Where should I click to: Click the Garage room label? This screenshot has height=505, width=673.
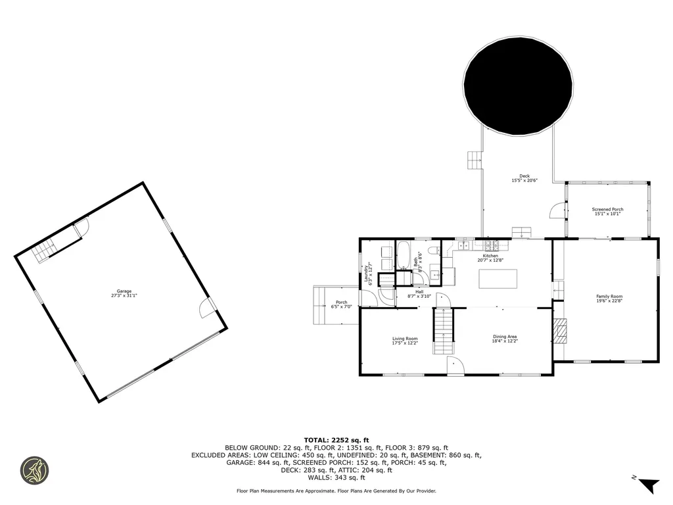coord(124,291)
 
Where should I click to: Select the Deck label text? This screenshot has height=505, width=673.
coord(524,176)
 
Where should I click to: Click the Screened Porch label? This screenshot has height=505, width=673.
coord(608,210)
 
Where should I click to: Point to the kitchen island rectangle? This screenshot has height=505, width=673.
coord(498,278)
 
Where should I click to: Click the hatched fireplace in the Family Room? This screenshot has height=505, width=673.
coord(559,331)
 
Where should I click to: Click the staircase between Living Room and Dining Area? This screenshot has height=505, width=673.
coord(443,331)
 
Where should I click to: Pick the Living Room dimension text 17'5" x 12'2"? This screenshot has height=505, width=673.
coord(405,343)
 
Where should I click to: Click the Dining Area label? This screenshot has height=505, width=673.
coord(505,337)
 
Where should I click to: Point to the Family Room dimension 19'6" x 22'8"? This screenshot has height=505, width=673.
coord(609,301)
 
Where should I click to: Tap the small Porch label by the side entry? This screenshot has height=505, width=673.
coord(341,302)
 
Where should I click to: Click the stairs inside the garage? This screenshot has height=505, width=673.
coord(46,251)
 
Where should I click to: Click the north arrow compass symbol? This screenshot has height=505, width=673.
coord(649,485)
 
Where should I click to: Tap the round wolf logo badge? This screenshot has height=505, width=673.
coord(34,471)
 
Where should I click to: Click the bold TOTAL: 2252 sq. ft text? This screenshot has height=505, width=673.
coord(336,440)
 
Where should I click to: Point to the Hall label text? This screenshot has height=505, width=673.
coord(419,292)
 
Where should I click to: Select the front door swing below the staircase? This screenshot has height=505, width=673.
coord(455,366)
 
